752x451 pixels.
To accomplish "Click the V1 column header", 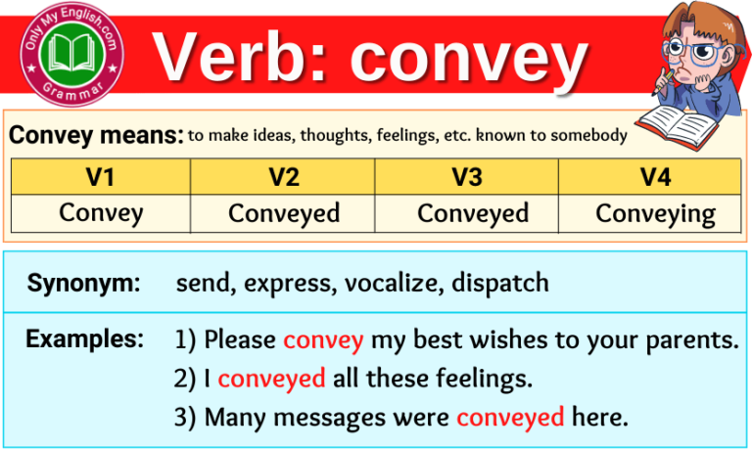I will coord(100,177).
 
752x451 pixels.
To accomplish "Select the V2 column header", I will coord(283,177).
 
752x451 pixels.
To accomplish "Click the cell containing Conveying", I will coord(655,213).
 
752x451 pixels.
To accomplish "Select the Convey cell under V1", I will coord(101,212).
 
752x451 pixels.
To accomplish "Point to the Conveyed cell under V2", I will coord(284,213).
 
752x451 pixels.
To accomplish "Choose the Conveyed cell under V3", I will coord(473,213).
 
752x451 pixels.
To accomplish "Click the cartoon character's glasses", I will coord(685,49).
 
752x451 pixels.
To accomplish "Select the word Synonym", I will coord(83,284).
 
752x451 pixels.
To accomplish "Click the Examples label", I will coord(84,339).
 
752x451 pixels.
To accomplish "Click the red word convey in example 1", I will coord(323,340).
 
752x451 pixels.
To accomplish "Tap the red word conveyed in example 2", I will coord(271,379).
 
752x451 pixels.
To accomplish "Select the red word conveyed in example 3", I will coord(509,418).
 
